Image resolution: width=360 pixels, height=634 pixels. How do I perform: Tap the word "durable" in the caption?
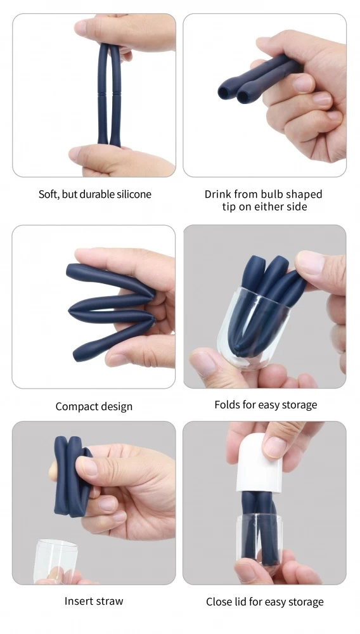97,194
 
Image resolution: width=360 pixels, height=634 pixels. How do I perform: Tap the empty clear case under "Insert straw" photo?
55,560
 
